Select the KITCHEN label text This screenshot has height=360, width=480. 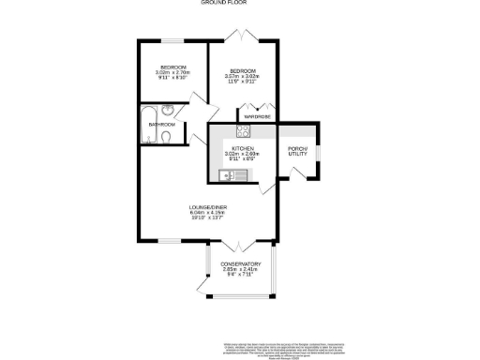[x=243, y=147]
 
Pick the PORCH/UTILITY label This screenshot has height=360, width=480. [x=299, y=151]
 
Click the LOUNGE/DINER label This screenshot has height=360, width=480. [x=210, y=207]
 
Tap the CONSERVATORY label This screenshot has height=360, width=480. [x=241, y=264]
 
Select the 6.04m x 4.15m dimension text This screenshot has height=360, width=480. [x=210, y=213]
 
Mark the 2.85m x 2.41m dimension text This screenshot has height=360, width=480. [x=241, y=270]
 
